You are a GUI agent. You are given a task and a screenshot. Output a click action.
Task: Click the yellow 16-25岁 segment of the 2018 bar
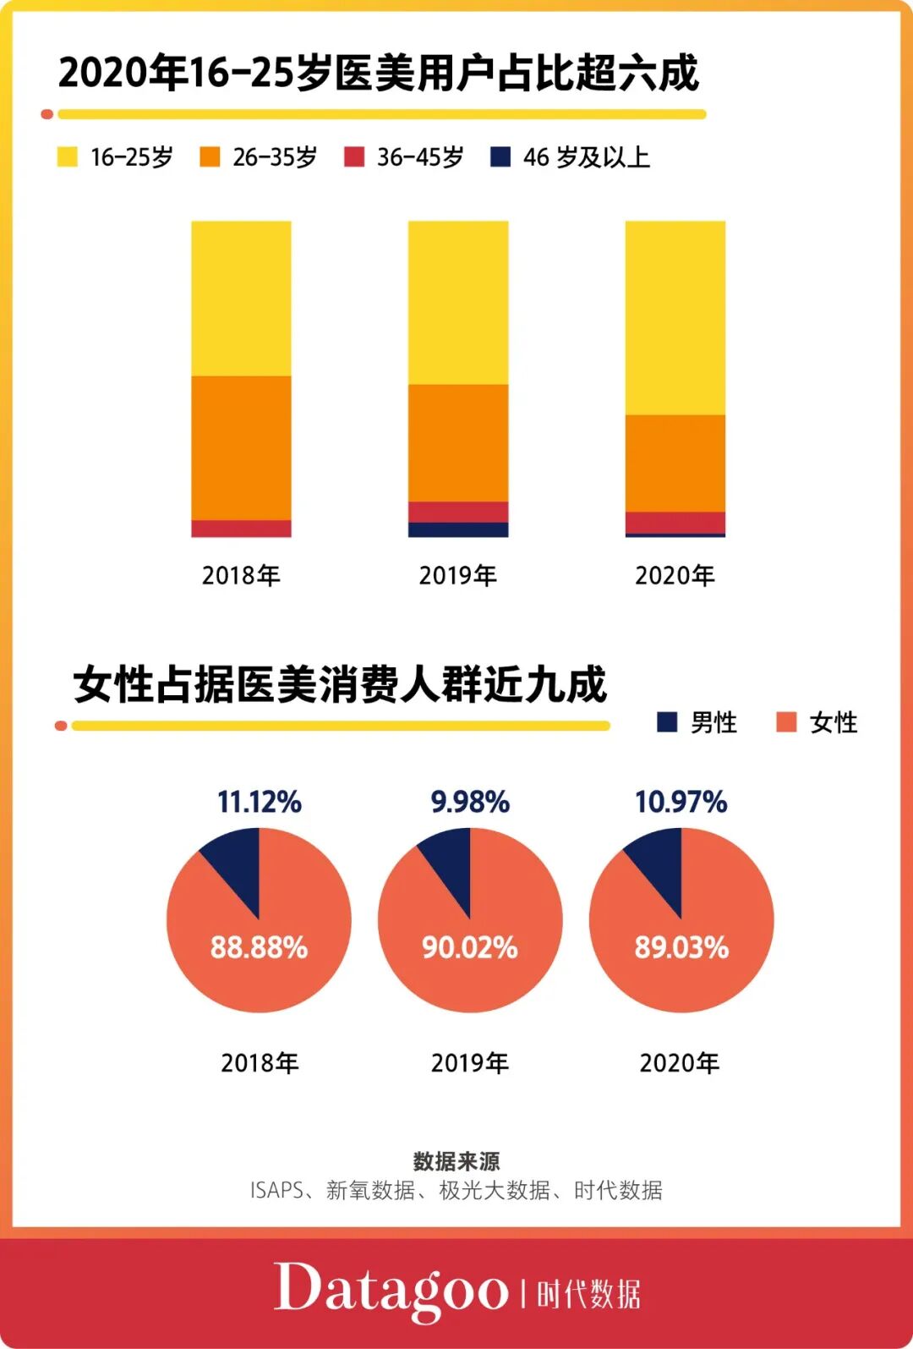coord(241,298)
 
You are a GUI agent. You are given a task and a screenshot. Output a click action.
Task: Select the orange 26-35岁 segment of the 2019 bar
coord(458,442)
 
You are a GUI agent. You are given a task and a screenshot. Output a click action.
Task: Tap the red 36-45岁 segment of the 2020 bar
coord(675,522)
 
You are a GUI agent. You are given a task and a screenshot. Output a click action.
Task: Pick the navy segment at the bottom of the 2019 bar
coord(458,529)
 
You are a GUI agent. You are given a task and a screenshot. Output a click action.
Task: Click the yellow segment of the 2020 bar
coord(675,317)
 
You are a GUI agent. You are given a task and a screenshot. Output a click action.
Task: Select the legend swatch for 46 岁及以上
coord(500,156)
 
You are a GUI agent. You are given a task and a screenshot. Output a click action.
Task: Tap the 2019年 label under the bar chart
coord(457,576)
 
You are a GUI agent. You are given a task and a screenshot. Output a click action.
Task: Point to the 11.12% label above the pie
coord(259,802)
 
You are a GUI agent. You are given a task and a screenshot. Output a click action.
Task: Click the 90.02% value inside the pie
coord(469,947)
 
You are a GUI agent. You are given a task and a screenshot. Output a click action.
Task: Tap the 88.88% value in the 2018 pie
coord(259,947)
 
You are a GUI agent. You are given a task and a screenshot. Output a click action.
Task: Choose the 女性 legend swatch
coord(786,722)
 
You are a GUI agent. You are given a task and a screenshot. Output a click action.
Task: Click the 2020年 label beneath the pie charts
coord(679,1063)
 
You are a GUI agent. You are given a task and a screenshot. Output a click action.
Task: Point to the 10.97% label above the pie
coord(681,802)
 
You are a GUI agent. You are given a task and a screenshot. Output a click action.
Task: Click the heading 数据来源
coord(456,1161)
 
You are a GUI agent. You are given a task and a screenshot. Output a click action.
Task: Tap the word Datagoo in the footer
coord(391,1289)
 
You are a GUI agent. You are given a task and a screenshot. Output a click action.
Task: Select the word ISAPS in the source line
coord(276,1191)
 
